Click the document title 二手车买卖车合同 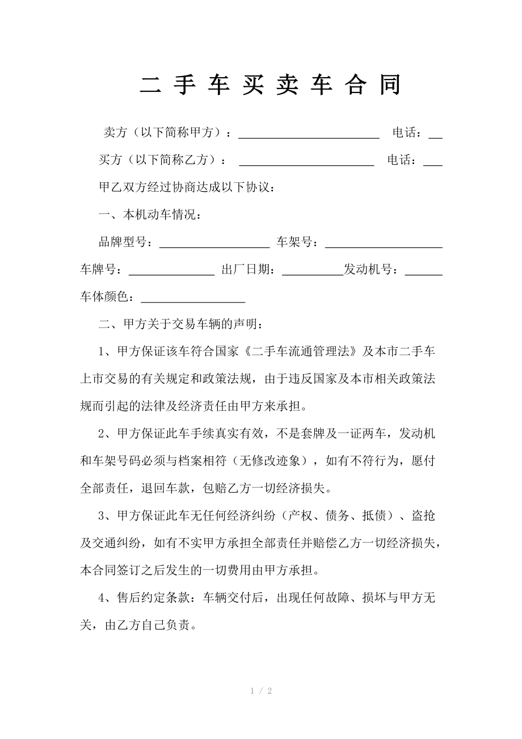coord(271,85)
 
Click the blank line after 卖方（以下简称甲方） coord(309,134)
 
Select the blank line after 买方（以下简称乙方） coord(306,162)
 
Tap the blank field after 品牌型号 coord(214,244)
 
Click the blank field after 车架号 coord(384,244)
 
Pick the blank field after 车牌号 coord(172,271)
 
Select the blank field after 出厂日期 coord(313,271)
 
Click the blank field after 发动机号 coord(423,271)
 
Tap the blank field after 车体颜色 coord(193,299)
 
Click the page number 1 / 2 coord(261,691)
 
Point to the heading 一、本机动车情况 coord(149,216)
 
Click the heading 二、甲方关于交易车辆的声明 coord(180,325)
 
